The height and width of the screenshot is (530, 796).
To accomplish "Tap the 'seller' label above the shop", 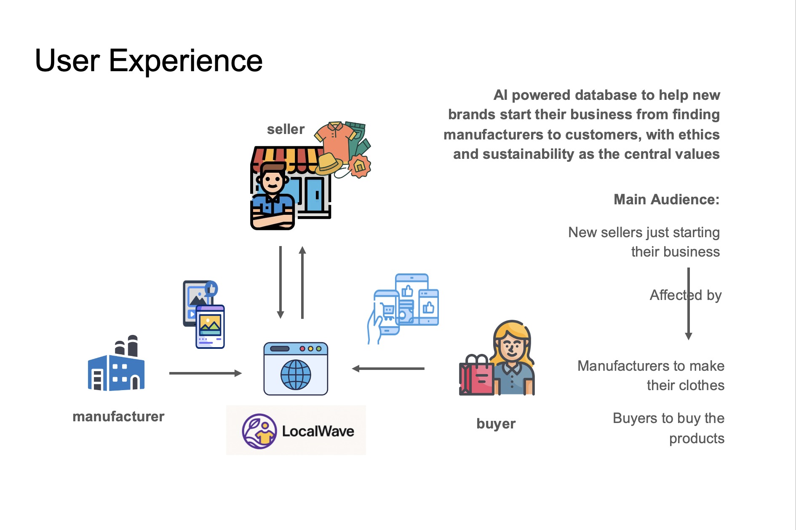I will (286, 129).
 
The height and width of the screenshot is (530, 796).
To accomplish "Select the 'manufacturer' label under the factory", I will (118, 417).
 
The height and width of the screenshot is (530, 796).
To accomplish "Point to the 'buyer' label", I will (496, 423).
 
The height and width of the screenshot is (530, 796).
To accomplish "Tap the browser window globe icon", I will (296, 374).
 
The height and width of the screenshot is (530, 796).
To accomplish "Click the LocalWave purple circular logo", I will (259, 431).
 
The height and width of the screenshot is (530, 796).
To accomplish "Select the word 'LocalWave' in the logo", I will (318, 431).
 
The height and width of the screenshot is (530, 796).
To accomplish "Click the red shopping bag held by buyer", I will (476, 377).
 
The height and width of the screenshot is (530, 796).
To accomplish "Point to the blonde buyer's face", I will (512, 345).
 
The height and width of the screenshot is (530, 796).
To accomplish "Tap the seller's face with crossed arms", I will (272, 181).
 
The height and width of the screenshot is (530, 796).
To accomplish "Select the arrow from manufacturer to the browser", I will (205, 373).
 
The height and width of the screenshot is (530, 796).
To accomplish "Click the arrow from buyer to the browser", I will (388, 369).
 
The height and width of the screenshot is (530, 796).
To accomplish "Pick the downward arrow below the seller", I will (280, 282).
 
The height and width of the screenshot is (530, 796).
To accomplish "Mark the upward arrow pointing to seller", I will (302, 282).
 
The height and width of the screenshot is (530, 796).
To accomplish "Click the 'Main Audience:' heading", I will (666, 199).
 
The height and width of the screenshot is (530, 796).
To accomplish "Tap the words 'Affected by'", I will (685, 295).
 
